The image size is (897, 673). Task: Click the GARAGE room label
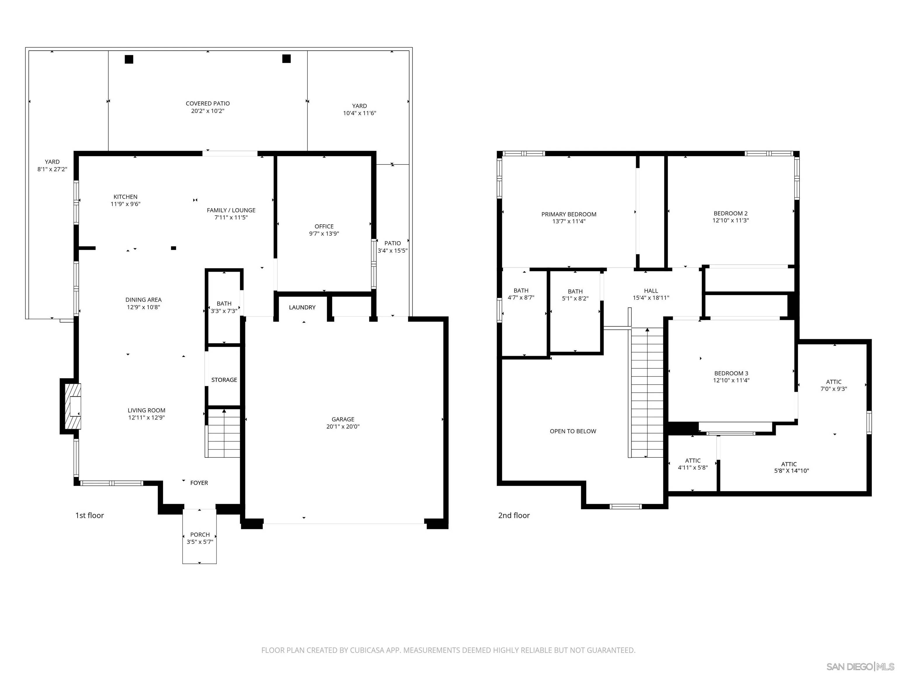[343, 419]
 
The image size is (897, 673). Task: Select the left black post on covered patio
[129, 59]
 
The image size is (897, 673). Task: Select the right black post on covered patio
[286, 59]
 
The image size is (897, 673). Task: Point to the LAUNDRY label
[302, 308]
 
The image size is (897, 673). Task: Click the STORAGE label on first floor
[224, 380]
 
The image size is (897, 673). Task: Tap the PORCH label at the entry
[200, 535]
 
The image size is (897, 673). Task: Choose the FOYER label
[199, 483]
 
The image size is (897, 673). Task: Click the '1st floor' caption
[90, 516]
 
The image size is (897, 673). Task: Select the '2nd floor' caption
[514, 516]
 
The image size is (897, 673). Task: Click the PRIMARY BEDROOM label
[569, 214]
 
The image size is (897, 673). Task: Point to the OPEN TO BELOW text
[573, 431]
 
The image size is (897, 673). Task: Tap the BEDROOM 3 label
[731, 373]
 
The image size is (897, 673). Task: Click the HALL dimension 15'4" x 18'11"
[651, 298]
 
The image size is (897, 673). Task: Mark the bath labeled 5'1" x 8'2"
[575, 295]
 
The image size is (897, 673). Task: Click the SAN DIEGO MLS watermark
[860, 667]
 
